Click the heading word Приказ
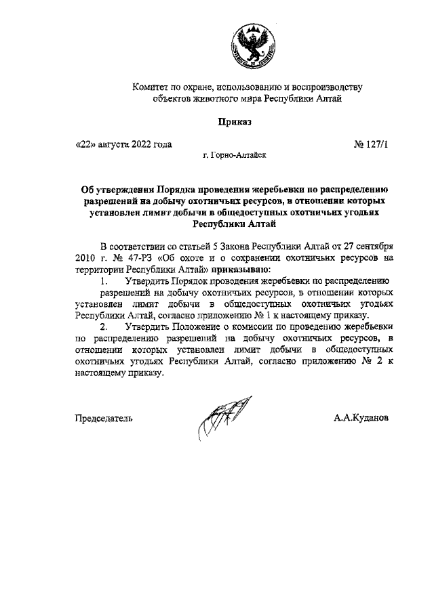coord(234,122)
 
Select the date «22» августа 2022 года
coord(123,144)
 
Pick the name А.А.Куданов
coord(361,418)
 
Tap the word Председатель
coord(103,418)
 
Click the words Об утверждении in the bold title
coord(115,189)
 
